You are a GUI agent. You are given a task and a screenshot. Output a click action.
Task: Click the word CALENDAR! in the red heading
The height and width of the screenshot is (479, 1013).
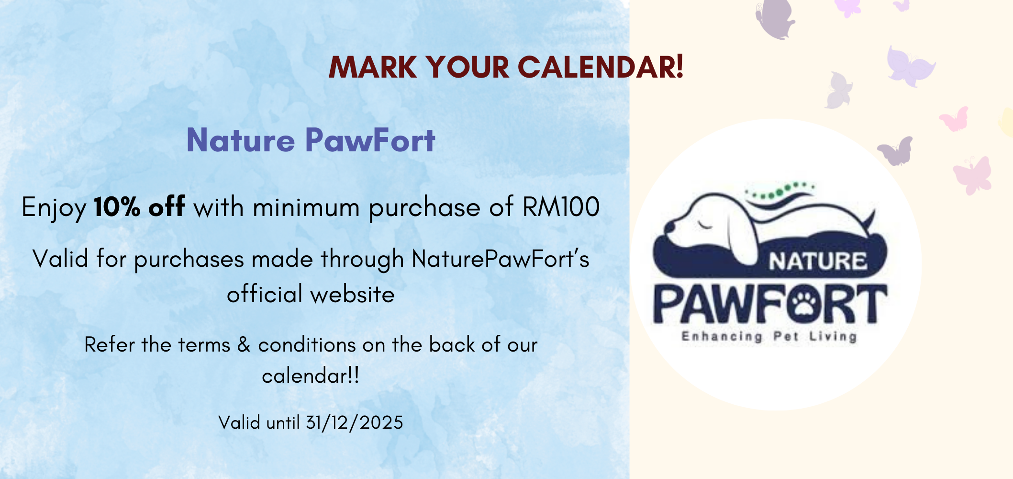coord(601,67)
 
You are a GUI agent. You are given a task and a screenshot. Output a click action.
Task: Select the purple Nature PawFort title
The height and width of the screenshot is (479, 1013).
coord(311,140)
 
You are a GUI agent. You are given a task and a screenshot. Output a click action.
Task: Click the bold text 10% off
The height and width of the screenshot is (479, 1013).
coord(139,207)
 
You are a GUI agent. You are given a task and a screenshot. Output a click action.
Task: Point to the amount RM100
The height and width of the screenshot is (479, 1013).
coord(561,207)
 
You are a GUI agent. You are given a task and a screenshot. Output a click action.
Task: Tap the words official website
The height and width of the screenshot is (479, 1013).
coord(311,294)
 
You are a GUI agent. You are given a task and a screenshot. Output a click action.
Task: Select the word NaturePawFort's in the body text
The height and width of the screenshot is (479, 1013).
coord(501,259)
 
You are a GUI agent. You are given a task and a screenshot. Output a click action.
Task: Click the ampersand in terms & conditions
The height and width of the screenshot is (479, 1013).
coord(244,345)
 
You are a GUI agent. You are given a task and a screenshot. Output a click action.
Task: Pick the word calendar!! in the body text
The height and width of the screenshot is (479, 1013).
coord(311,376)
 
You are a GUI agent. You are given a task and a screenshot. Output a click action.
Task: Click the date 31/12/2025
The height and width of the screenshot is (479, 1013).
coord(355,423)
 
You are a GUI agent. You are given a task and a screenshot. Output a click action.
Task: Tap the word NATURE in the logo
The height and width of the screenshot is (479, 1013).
coord(818,262)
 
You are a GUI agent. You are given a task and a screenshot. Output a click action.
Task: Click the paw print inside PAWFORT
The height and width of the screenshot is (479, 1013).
coord(803,304)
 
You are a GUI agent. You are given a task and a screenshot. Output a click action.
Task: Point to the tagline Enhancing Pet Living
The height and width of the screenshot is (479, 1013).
coord(769,337)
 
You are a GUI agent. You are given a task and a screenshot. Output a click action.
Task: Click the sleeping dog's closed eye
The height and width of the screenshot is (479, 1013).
coord(704,224)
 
